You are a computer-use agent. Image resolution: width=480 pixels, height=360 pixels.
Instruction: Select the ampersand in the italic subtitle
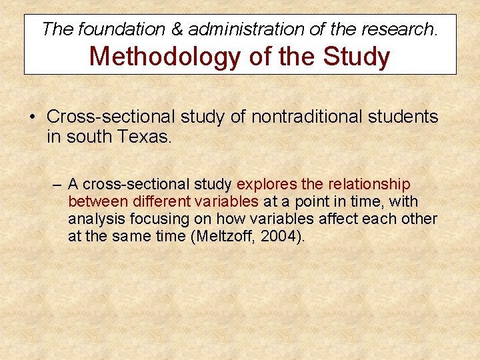coord(177,29)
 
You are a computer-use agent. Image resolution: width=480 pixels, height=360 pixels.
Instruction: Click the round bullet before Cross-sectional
coord(33,117)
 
